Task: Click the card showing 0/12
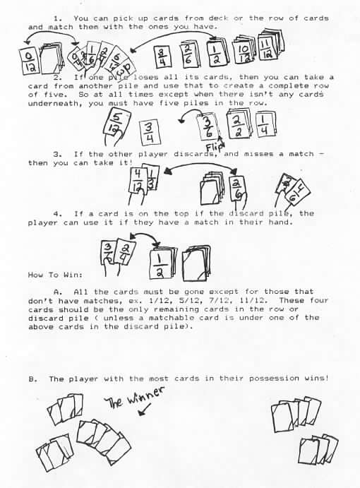(x=29, y=62)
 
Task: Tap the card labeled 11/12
(x=267, y=48)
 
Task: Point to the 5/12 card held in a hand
(x=116, y=124)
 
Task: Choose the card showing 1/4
(x=265, y=124)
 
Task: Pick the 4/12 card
(x=137, y=181)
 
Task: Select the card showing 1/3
(x=152, y=178)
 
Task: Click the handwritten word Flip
(x=214, y=145)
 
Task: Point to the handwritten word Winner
(x=145, y=397)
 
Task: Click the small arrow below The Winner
(x=145, y=410)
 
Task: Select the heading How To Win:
(x=55, y=275)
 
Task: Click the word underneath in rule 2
(x=56, y=103)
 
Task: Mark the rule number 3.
(x=56, y=154)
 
